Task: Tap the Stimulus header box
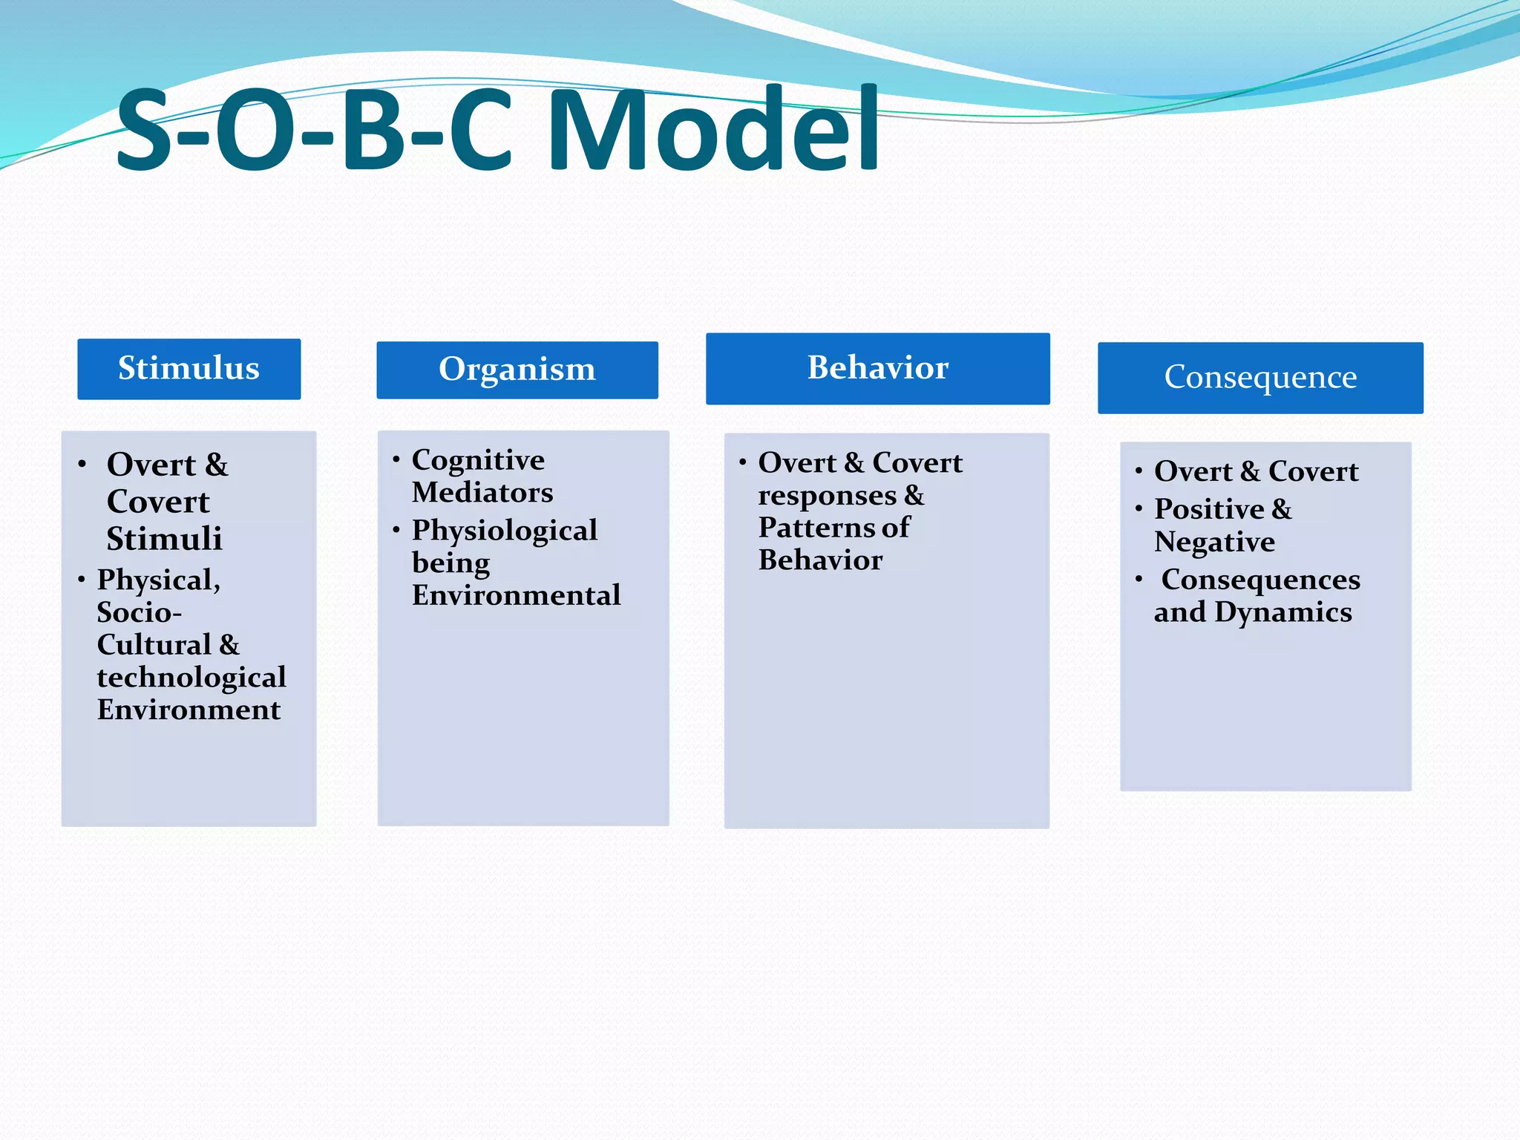pyautogui.click(x=189, y=369)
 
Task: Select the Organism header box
pyautogui.click(x=517, y=370)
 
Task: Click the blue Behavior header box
pyautogui.click(x=877, y=369)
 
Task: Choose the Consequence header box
pyautogui.click(x=1260, y=378)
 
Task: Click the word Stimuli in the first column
pyautogui.click(x=164, y=539)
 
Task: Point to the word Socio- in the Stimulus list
pyautogui.click(x=139, y=612)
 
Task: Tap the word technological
pyautogui.click(x=191, y=677)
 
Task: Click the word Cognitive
pyautogui.click(x=478, y=460)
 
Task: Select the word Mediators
pyautogui.click(x=482, y=493)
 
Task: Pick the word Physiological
pyautogui.click(x=505, y=531)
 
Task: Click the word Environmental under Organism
pyautogui.click(x=516, y=595)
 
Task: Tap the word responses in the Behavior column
pyautogui.click(x=827, y=496)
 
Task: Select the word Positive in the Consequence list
pyautogui.click(x=1209, y=509)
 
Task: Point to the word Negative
pyautogui.click(x=1214, y=543)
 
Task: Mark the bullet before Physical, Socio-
pyautogui.click(x=82, y=579)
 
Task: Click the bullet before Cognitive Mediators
pyautogui.click(x=396, y=459)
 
